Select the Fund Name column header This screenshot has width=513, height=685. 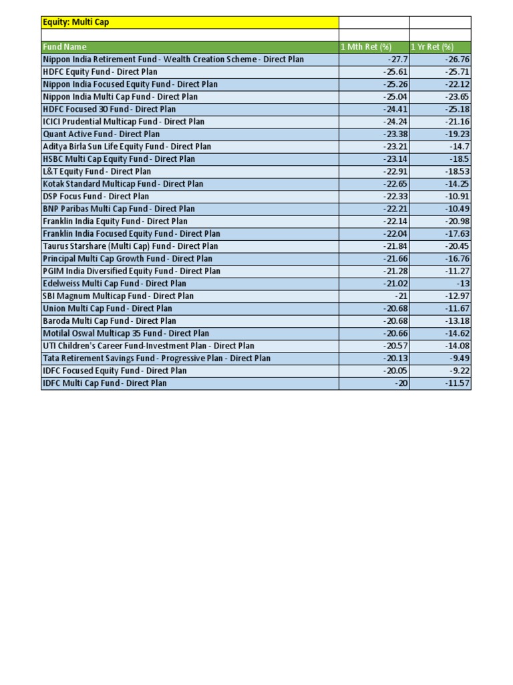(65, 47)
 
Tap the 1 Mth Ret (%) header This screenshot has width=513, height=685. (366, 47)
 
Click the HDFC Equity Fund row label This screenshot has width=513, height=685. (100, 72)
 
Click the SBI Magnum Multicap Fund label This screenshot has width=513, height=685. (118, 296)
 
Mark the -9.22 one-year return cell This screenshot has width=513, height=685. (456, 371)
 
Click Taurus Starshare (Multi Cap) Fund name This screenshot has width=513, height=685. (130, 246)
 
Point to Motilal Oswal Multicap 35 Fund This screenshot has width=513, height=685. (126, 333)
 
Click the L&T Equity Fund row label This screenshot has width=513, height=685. (97, 171)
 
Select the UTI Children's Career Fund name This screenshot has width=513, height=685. (148, 346)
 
